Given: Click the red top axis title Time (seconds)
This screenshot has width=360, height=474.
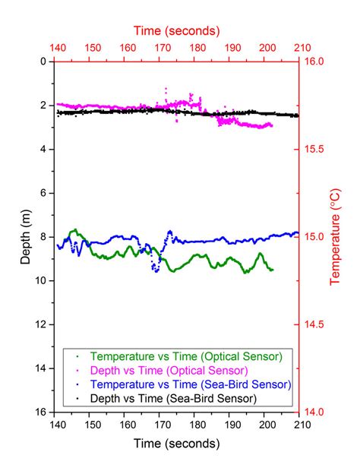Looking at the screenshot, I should [177, 31].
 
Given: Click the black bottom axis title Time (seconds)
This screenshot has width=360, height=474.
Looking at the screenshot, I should [177, 443].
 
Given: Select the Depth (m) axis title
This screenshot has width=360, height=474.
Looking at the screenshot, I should [26, 236].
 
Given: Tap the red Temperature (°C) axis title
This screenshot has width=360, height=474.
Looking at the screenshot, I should [335, 236].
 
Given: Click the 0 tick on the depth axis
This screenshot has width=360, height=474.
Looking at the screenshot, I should [46, 62].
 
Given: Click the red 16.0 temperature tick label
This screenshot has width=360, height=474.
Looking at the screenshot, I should [313, 62].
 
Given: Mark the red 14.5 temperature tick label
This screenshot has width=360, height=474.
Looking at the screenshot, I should [313, 324].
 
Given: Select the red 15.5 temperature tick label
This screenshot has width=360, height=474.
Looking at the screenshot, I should [313, 149].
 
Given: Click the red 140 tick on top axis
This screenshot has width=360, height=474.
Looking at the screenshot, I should [55, 49].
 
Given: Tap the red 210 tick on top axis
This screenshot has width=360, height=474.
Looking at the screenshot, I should [299, 49].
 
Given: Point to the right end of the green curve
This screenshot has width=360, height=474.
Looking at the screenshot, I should [272, 270].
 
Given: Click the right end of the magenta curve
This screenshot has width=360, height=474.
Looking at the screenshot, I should [271, 125].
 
